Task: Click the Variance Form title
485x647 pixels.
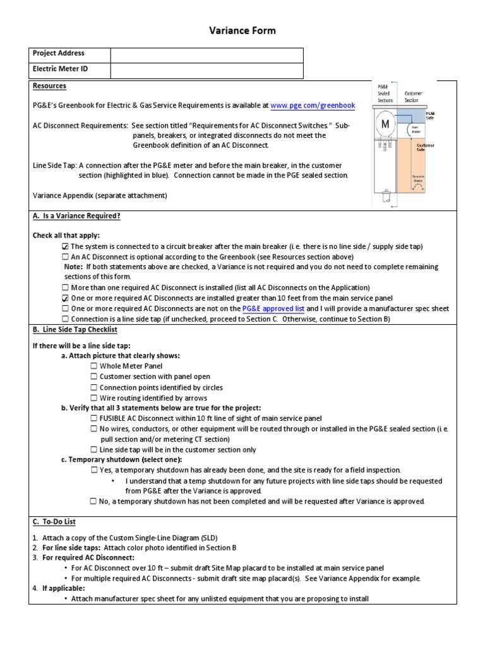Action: coord(242,30)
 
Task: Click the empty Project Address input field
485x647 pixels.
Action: coord(207,54)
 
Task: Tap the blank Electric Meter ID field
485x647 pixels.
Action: coord(207,71)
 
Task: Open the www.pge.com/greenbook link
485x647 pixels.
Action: coord(313,106)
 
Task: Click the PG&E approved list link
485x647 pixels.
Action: coord(273,308)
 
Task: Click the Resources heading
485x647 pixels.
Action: coord(49,86)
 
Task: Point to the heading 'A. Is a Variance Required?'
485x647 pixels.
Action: coord(76,216)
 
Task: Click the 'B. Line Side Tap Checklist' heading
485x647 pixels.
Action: coord(75,330)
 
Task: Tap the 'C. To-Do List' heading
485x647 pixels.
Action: coord(54,522)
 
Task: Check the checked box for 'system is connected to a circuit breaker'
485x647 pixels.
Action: coord(66,246)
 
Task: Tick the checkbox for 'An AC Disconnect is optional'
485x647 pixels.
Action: coord(66,257)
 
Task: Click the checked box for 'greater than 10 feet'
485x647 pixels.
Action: coord(66,298)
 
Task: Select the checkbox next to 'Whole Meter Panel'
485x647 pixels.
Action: coord(94,366)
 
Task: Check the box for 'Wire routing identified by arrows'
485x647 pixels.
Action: coord(94,398)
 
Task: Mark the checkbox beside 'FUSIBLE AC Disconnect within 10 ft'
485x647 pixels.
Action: coord(94,418)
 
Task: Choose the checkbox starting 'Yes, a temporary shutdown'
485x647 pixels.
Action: coord(94,470)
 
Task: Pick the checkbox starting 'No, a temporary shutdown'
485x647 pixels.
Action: coord(94,502)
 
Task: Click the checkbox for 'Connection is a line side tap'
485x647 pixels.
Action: coord(66,319)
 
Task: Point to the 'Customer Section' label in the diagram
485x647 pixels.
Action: coord(413,97)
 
